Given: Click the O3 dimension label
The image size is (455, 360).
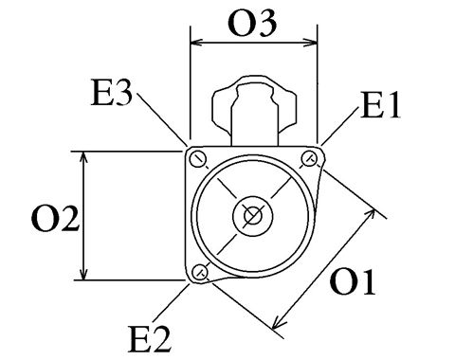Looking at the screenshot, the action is click(x=252, y=23).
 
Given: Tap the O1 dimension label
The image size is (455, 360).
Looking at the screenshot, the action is click(x=353, y=282).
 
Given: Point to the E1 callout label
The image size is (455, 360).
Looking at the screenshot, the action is click(x=381, y=105).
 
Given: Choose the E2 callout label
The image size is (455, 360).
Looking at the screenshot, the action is click(x=150, y=339).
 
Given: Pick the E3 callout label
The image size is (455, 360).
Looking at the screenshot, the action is click(x=111, y=93).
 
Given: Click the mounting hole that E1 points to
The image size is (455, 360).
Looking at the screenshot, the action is click(x=309, y=158).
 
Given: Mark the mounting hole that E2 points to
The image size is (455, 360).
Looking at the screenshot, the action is click(x=200, y=272).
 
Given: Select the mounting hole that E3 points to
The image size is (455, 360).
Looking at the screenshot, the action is click(x=198, y=160).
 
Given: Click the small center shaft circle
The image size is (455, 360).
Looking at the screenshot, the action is click(x=253, y=216).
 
